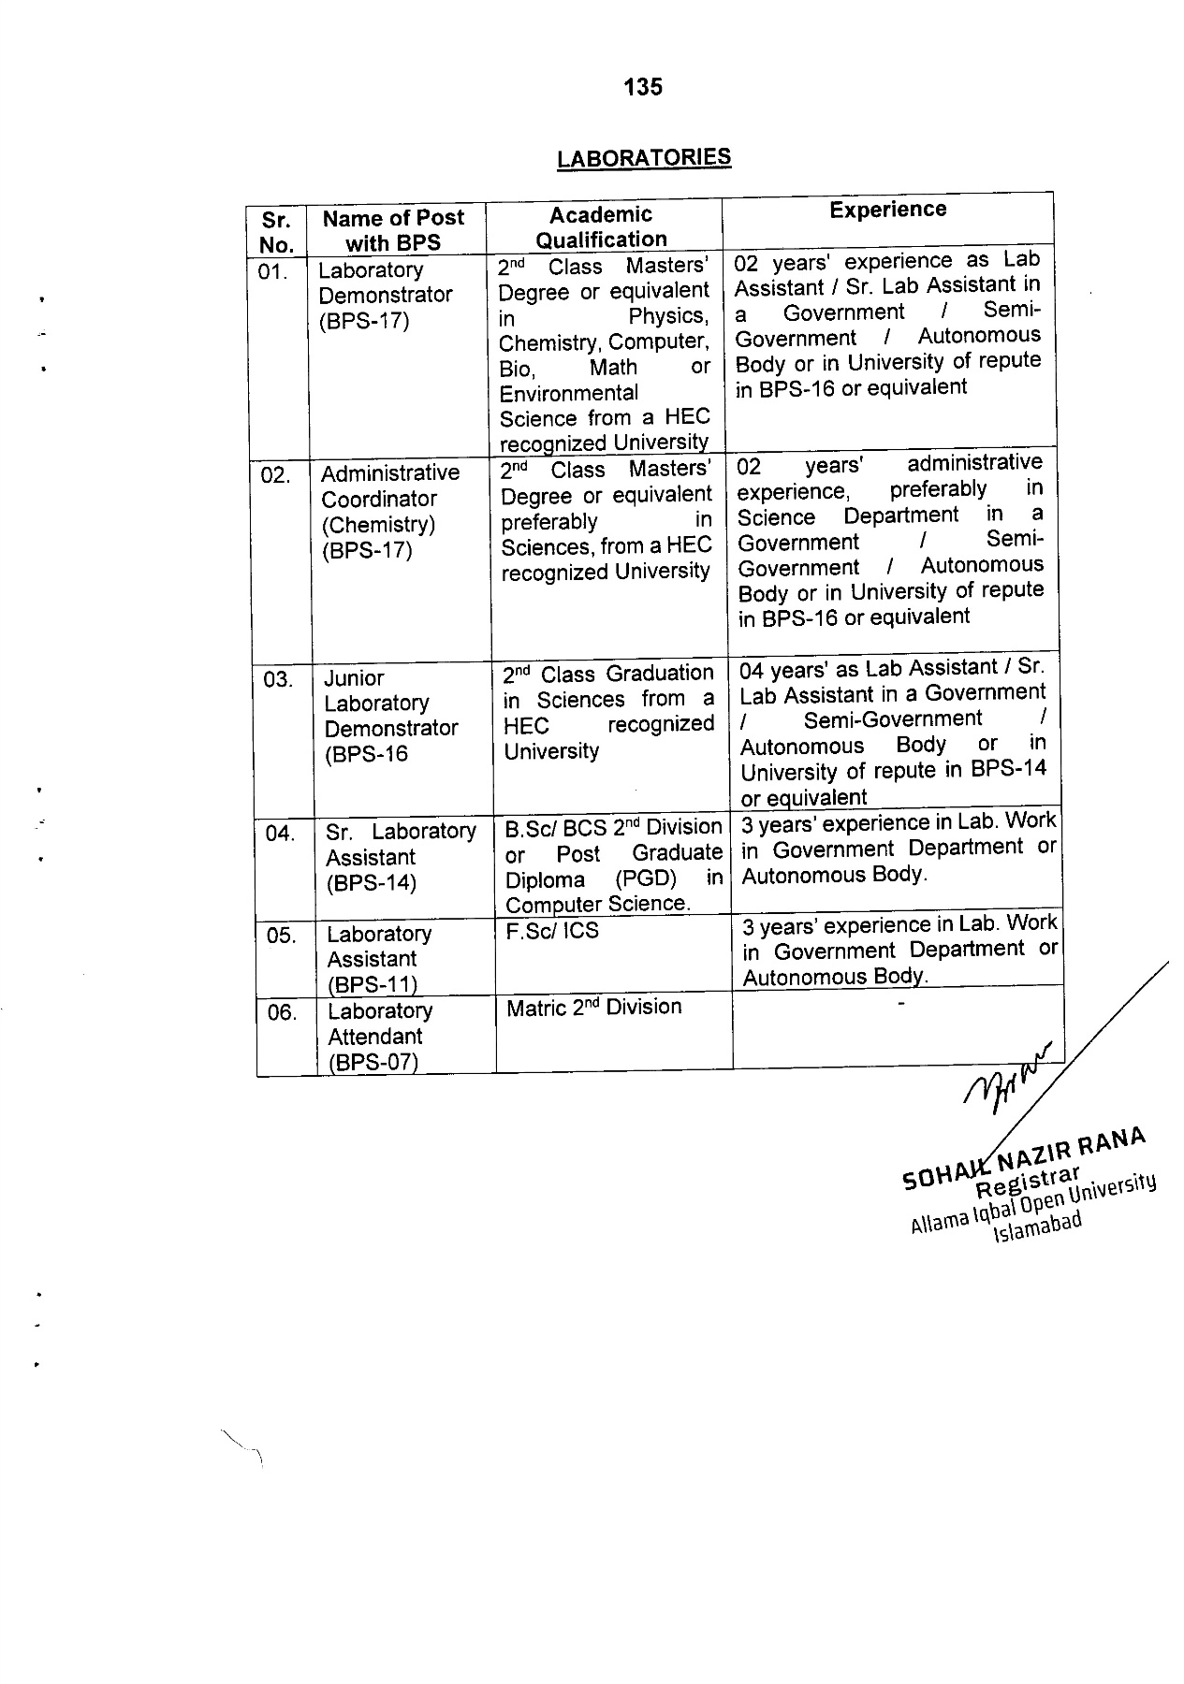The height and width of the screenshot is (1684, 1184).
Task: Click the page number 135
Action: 643,87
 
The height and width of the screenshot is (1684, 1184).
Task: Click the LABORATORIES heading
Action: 643,157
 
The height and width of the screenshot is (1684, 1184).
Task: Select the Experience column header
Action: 887,210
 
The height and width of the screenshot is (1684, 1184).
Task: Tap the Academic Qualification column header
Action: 601,227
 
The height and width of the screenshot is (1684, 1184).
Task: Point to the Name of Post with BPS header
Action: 393,230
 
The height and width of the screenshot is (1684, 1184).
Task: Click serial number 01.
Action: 275,272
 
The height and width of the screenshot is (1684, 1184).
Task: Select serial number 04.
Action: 279,834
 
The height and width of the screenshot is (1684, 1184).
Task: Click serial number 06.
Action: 282,1012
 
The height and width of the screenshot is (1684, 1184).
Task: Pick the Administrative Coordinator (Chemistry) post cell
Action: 389,512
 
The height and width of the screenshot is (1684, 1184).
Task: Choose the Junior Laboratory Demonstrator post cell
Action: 390,716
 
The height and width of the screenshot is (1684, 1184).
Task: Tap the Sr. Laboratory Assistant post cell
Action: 401,857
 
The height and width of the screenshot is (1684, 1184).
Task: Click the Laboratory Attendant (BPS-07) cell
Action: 379,1037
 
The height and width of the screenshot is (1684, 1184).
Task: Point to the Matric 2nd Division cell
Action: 593,1008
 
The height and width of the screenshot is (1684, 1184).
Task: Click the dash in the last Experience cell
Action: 900,1004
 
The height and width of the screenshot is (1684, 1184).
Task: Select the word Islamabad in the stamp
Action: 1038,1226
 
